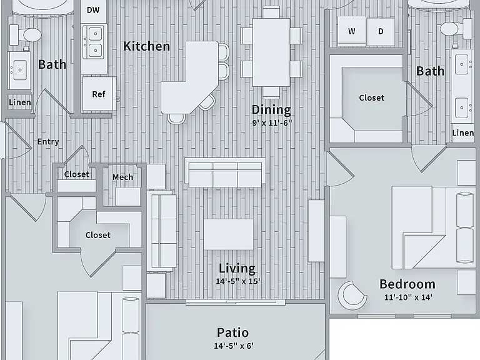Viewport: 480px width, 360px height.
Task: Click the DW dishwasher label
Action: point(93,10)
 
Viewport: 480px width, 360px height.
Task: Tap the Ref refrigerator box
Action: point(99,94)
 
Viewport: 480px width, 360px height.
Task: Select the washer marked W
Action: point(352,31)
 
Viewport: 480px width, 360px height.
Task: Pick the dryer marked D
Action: point(381,31)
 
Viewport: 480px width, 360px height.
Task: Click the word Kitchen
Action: point(146,46)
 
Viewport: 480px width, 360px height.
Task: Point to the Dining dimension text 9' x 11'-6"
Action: point(272,122)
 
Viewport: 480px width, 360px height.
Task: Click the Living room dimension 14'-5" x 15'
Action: point(238,281)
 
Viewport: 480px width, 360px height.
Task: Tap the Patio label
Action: point(232,332)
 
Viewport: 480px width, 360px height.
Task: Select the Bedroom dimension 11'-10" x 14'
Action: point(408,297)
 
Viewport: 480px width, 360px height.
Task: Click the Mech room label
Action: point(122,177)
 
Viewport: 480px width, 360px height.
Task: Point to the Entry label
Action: point(48,141)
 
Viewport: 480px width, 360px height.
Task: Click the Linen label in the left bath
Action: point(20,102)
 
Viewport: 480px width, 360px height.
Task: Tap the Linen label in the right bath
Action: point(463,133)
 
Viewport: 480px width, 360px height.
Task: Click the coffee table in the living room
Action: point(228,234)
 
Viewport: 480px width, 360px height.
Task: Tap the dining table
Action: point(271,52)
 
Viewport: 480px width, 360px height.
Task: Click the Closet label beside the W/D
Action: point(372,97)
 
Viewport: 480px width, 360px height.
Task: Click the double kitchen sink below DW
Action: point(94,42)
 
